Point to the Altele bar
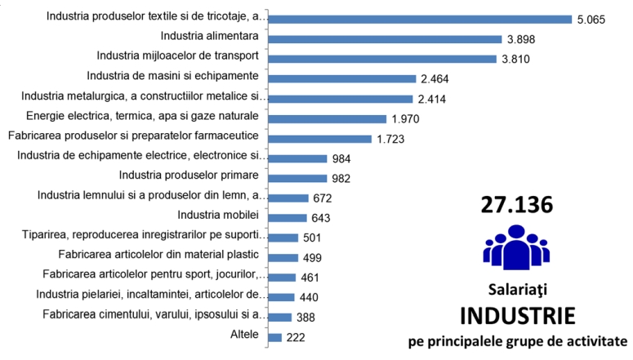[x=274, y=337]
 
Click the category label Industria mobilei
[x=218, y=216]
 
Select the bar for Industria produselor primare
[x=296, y=178]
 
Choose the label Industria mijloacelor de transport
[x=177, y=56]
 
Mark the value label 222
[x=296, y=338]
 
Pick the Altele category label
[x=245, y=335]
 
